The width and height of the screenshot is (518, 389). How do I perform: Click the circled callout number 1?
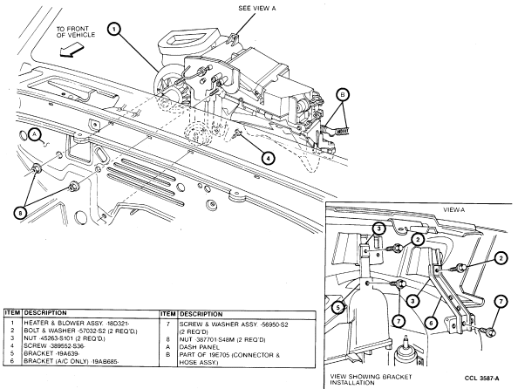(x=114, y=29)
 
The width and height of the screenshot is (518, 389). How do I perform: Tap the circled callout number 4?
(x=268, y=159)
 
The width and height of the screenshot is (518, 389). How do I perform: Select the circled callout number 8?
(x=20, y=213)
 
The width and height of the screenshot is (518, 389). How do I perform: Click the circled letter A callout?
(x=35, y=134)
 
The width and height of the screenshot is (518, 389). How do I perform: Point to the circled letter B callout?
(x=343, y=95)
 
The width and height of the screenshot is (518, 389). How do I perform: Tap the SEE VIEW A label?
(x=256, y=9)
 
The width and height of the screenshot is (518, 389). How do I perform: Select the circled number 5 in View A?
(x=337, y=308)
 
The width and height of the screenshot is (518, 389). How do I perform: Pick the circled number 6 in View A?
(x=431, y=322)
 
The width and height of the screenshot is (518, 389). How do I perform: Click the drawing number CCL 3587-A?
(x=481, y=378)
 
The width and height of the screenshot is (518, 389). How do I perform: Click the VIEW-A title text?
(x=454, y=209)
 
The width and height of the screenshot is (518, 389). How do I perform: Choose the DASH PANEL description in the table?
(x=199, y=347)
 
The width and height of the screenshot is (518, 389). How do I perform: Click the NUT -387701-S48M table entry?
(x=222, y=339)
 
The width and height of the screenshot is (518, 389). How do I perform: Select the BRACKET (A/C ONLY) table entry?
(x=72, y=361)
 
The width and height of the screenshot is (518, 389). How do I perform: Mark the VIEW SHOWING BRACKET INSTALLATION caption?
(x=371, y=379)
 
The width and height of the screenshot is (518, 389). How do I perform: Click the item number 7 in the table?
(x=168, y=324)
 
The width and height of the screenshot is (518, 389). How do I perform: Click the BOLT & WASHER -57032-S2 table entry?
(x=80, y=331)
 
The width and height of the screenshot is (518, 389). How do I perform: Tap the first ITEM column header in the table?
(x=13, y=312)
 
